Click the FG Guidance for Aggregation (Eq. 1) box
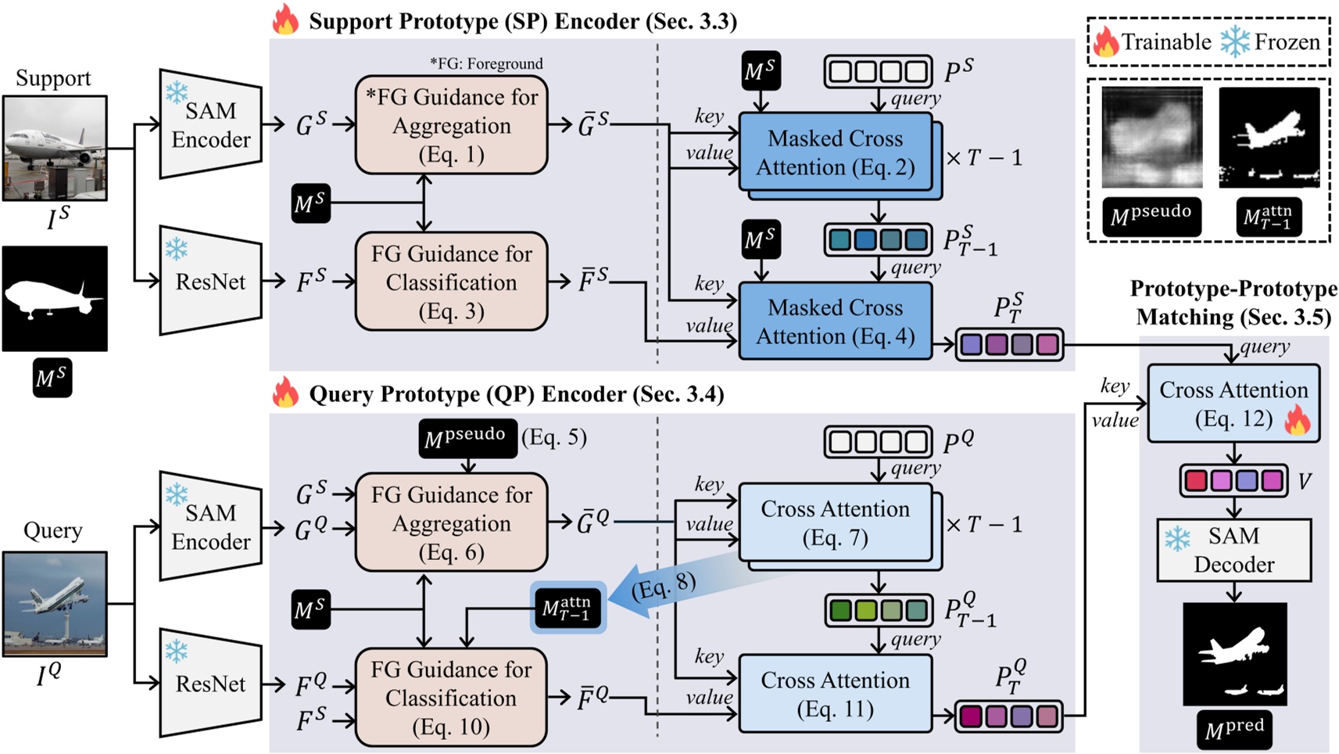[x=451, y=125]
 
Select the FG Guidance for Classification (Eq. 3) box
[x=451, y=282]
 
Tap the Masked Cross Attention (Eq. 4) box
[x=835, y=321]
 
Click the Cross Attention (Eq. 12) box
[x=1233, y=404]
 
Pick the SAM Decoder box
[x=1233, y=550]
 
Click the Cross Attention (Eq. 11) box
[x=835, y=694]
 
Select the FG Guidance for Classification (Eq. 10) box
[x=451, y=698]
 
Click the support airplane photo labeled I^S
[x=55, y=148]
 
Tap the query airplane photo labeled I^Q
[x=55, y=604]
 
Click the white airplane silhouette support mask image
[x=55, y=298]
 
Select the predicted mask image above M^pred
[x=1234, y=654]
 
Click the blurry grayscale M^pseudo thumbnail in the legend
[x=1151, y=137]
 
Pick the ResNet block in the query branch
[x=210, y=683]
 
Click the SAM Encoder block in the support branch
[x=210, y=124]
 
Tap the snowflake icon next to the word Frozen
[x=1235, y=41]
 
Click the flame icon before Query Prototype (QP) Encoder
[x=285, y=393]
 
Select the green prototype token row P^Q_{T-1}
[x=878, y=610]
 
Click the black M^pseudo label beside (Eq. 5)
[x=467, y=438]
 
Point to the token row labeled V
[x=1233, y=480]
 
